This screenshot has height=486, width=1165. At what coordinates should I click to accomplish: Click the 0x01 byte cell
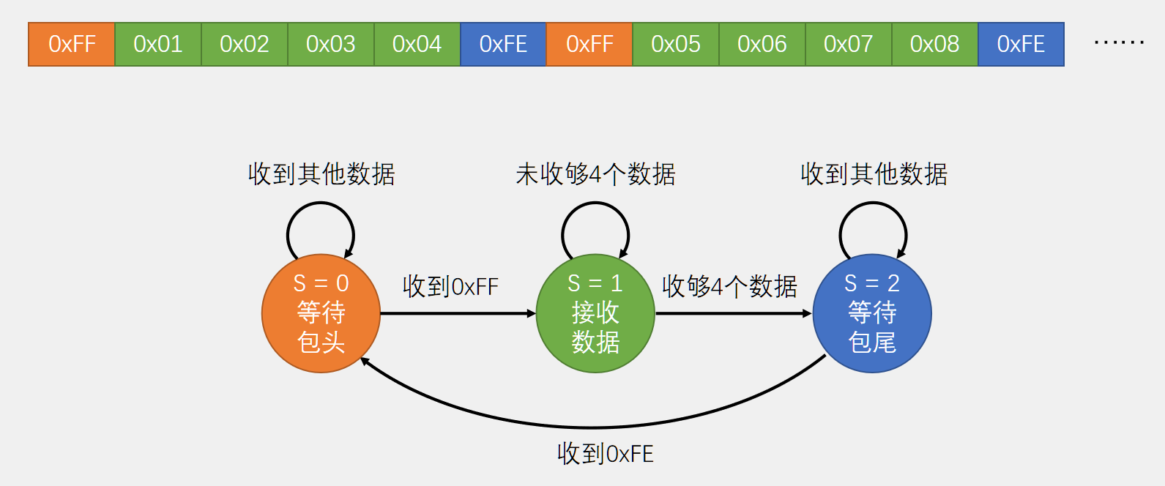158,45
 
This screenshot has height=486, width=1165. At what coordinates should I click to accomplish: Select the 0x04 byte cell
417,45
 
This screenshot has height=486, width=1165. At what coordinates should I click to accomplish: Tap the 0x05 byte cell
676,45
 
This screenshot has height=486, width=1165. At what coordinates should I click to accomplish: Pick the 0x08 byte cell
935,45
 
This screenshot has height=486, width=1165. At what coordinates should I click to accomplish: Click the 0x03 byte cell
331,45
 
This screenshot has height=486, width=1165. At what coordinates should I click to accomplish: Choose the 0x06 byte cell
762,45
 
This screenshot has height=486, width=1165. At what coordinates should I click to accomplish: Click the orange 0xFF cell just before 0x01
72,45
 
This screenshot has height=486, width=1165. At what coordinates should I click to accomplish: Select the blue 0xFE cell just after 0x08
1021,45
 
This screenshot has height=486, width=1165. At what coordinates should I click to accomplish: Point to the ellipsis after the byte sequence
1119,43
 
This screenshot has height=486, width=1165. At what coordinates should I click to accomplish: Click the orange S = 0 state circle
321,313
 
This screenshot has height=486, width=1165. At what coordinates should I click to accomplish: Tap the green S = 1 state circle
595,313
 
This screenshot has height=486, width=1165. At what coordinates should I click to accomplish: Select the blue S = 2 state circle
872,313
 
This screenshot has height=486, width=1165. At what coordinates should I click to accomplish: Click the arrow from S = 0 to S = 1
458,313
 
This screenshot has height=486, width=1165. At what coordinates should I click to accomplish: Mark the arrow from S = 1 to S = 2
733,313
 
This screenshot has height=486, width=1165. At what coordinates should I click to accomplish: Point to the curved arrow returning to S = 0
593,427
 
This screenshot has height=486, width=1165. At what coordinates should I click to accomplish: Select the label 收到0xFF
450,286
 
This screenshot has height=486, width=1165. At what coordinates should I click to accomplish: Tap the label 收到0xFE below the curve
605,454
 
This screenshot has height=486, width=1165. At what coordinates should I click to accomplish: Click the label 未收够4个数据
595,174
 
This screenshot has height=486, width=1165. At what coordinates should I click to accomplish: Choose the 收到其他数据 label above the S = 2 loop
874,174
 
